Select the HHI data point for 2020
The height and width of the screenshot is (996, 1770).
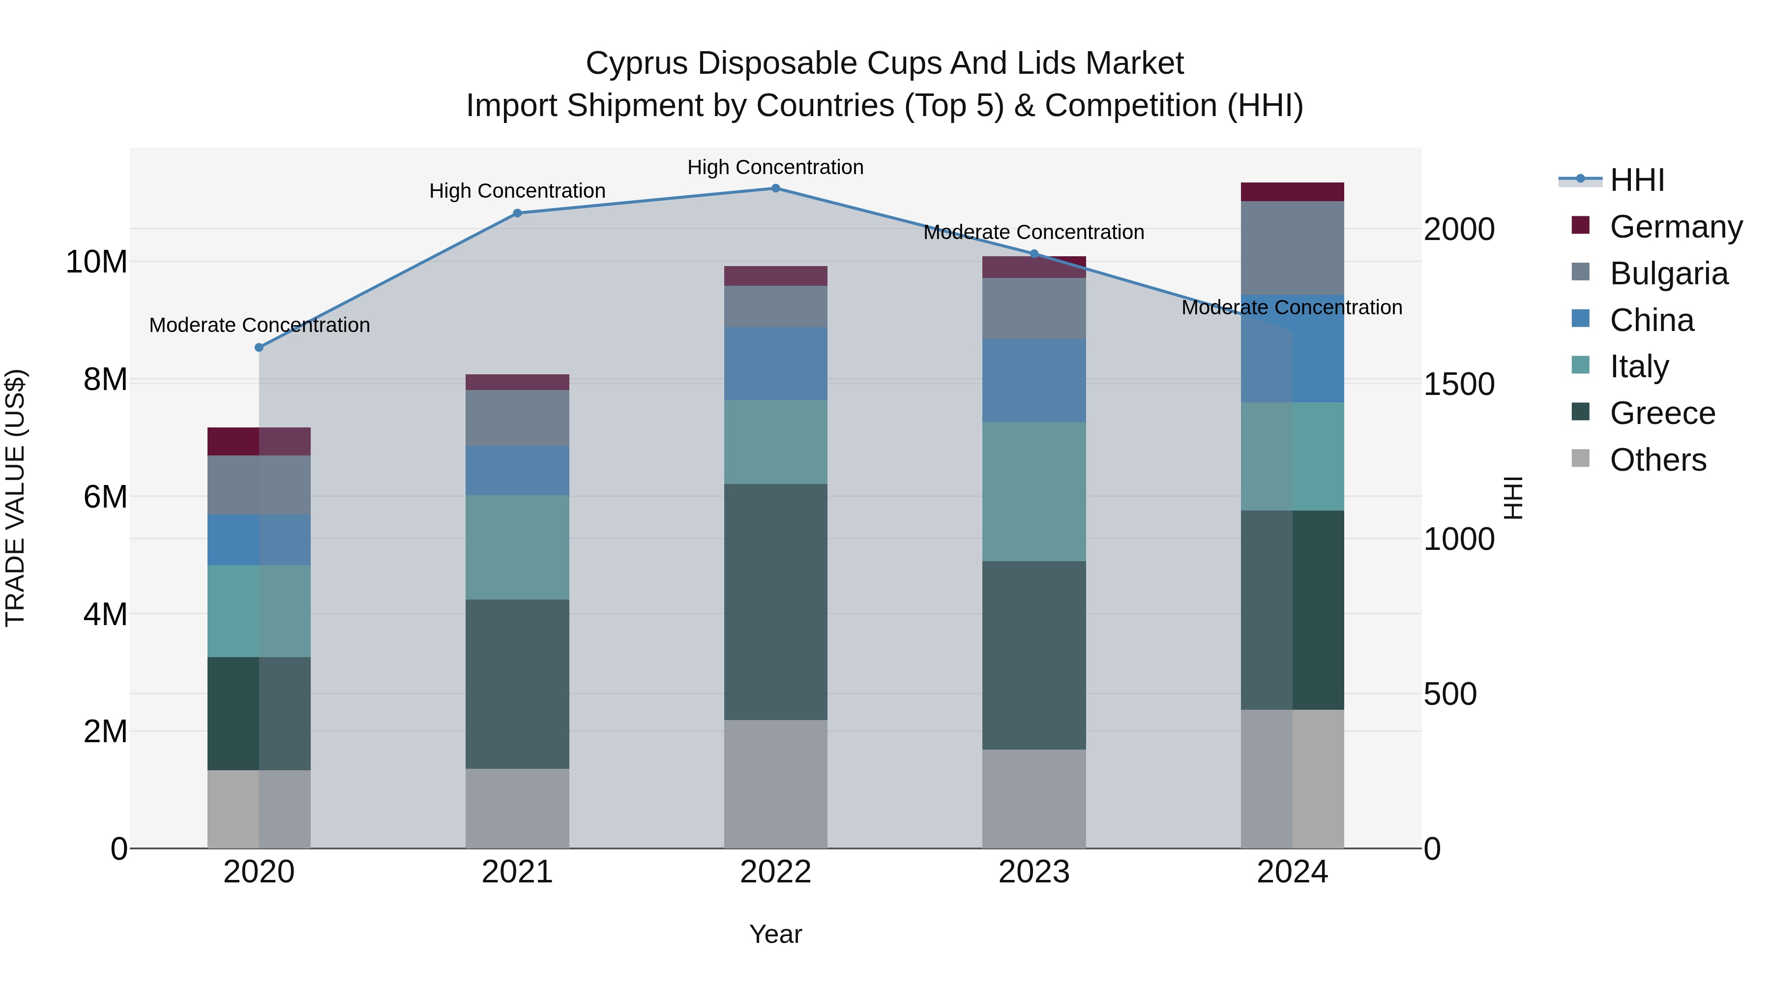(259, 348)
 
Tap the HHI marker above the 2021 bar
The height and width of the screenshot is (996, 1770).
(517, 213)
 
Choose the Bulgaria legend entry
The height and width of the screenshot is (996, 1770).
(1668, 273)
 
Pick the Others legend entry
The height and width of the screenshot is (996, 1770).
(1657, 460)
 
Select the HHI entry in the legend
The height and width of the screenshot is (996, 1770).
(1637, 180)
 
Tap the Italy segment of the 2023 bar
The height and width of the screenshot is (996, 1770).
(1033, 491)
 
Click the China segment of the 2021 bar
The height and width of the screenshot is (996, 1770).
(517, 470)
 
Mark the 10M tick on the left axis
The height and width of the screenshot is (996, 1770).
(96, 262)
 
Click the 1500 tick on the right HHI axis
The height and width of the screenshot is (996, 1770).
(1458, 384)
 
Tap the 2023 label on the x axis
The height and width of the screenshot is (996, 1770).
(1033, 872)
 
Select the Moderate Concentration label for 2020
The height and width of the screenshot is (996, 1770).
(259, 325)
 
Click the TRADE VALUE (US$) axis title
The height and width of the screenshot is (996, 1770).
(15, 498)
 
